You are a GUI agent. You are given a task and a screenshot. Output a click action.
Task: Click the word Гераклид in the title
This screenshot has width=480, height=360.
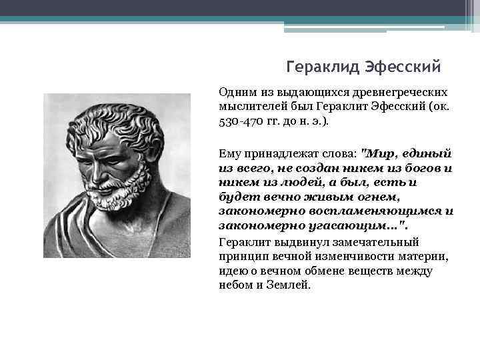322,67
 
